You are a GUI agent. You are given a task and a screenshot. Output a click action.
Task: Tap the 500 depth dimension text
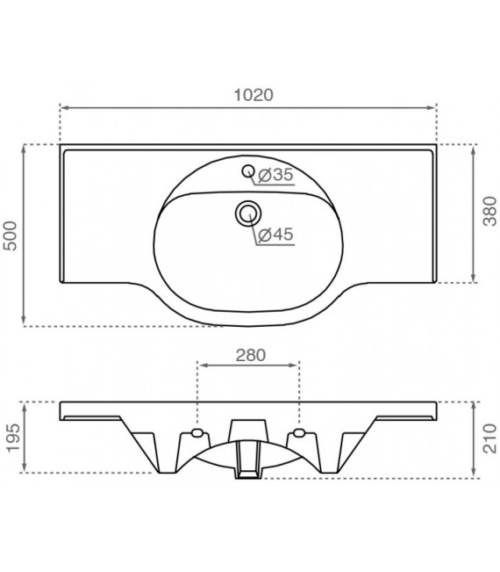11,235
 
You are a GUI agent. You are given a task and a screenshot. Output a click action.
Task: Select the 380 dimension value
489,216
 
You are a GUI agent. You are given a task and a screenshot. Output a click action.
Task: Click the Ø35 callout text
276,176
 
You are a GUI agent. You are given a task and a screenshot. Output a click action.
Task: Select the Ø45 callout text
276,234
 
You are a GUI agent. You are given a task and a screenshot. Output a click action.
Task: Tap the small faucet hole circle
248,170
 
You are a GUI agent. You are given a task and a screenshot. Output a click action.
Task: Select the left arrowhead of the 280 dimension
200,363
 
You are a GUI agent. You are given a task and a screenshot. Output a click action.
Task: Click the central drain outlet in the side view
248,457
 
